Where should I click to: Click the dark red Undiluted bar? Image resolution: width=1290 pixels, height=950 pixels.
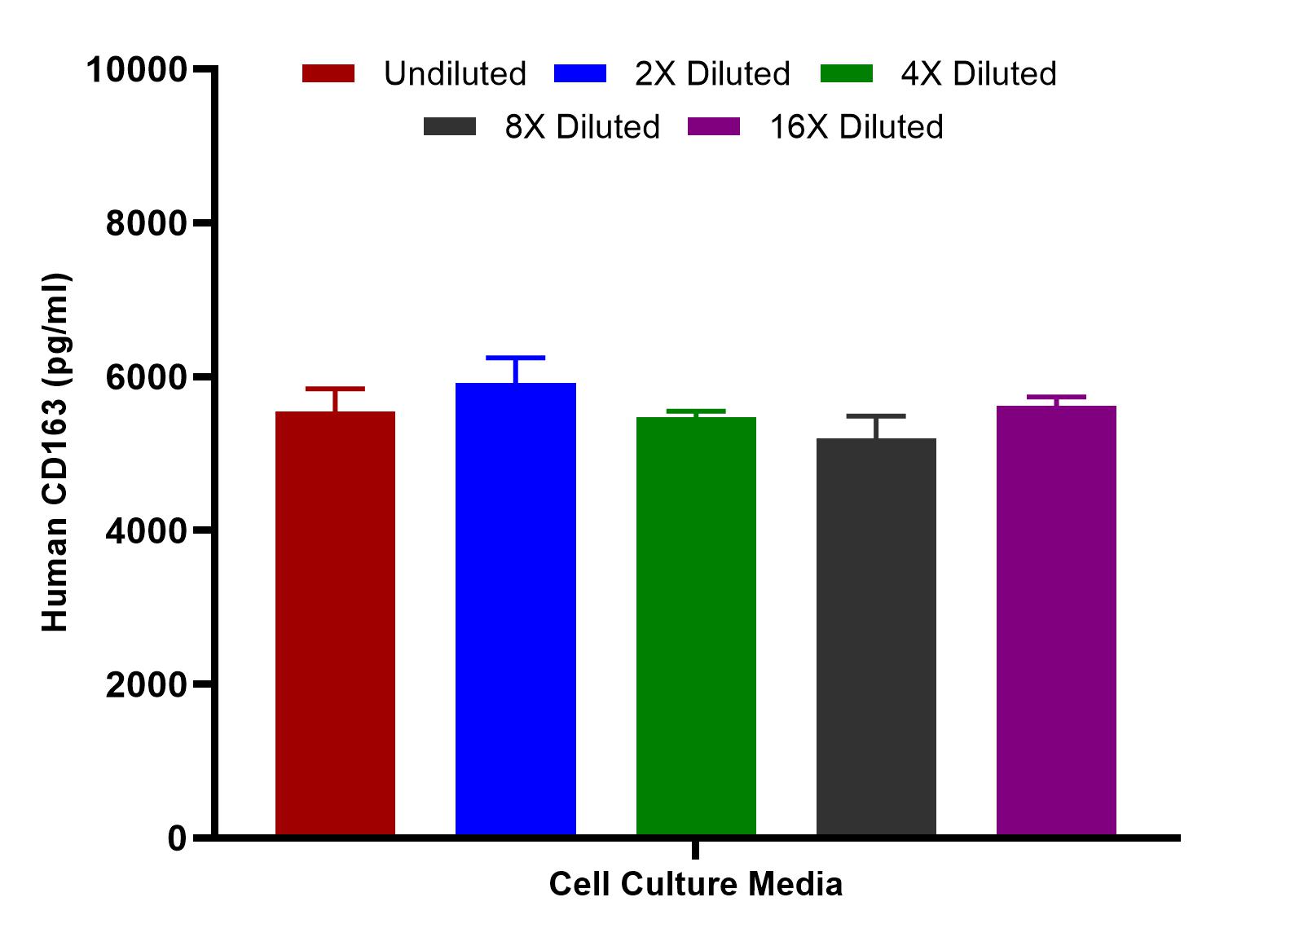(335, 623)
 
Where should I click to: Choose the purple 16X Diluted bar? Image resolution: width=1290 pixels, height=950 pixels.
(1056, 620)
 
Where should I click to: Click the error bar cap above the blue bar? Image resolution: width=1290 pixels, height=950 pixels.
(516, 358)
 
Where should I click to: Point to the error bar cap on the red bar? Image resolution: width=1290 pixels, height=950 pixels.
(335, 389)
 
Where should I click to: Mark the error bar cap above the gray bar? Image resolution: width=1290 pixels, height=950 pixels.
(876, 416)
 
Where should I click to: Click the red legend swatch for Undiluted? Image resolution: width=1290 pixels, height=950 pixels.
(328, 74)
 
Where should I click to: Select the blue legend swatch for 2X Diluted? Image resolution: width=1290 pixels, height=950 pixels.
(580, 74)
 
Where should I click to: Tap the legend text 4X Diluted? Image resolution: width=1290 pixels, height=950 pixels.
(979, 74)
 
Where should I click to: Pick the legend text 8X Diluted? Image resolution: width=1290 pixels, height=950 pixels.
(582, 127)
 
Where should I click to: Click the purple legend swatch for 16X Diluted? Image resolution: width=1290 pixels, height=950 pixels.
(714, 127)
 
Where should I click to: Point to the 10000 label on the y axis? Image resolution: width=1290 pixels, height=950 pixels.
(137, 70)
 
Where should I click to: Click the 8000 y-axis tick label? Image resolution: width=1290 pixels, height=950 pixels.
(147, 223)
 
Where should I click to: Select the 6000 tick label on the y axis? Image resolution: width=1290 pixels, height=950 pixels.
(147, 377)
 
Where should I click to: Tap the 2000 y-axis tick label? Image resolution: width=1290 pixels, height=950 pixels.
(147, 684)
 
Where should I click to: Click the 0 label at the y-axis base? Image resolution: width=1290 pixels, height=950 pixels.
(177, 838)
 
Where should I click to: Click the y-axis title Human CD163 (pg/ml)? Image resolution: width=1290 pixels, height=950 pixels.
(56, 453)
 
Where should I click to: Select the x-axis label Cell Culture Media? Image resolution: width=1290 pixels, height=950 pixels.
(695, 885)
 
